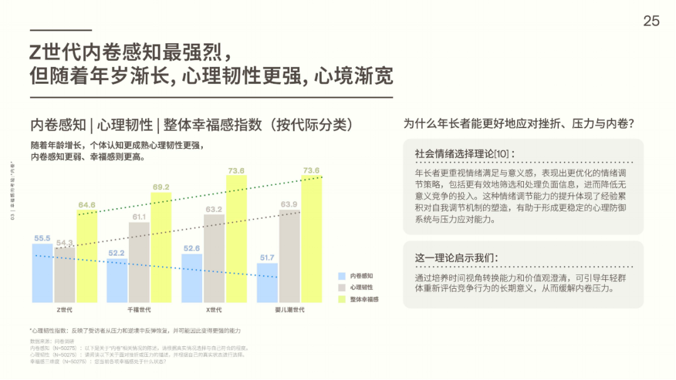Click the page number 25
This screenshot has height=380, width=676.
651,21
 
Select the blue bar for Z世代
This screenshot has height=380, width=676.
43,273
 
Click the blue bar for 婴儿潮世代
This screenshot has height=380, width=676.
267,283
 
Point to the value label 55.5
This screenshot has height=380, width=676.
43,238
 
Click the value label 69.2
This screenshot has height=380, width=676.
161,187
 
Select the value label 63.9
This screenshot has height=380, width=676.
289,204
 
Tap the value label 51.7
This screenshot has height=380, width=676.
267,257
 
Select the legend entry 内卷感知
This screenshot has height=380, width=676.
361,276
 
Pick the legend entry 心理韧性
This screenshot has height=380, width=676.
361,287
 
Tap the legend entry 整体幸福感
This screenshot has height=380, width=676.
364,299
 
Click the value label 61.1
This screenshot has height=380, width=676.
139,217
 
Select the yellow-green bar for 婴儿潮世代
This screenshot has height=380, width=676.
311,239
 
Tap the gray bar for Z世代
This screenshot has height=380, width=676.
64,275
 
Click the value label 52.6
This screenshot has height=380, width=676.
192,248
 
